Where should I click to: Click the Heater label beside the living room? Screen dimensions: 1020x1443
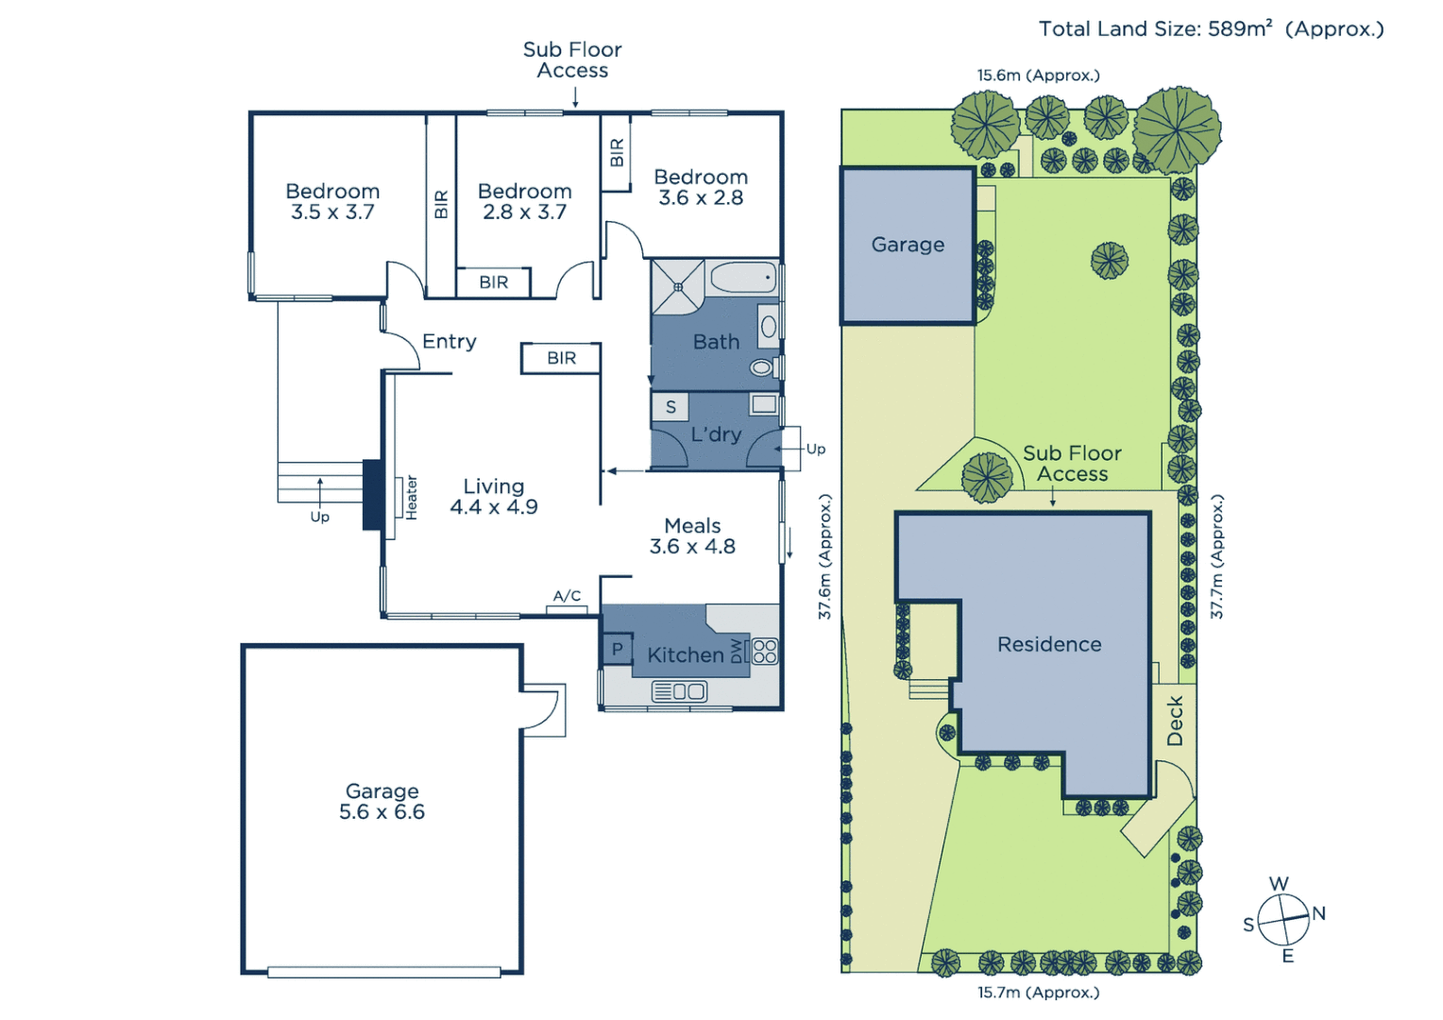(412, 498)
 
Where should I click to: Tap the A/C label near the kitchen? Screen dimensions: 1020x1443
(567, 596)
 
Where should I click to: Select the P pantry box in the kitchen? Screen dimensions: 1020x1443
(617, 649)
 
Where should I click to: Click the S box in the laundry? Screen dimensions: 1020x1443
(671, 407)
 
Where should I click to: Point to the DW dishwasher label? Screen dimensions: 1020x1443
(737, 651)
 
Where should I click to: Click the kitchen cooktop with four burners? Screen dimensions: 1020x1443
(765, 651)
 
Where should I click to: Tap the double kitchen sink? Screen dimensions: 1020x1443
(679, 691)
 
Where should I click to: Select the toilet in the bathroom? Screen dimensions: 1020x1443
(761, 367)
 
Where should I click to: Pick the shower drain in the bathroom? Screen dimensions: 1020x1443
(678, 286)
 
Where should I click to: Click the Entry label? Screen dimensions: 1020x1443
(449, 341)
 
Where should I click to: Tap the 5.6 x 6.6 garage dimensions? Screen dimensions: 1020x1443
(382, 812)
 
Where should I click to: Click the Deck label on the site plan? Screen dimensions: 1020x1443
(1175, 722)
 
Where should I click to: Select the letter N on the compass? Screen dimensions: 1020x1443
(1319, 913)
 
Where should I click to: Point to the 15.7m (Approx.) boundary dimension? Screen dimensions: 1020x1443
(1038, 993)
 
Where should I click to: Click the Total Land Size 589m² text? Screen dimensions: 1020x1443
(1211, 29)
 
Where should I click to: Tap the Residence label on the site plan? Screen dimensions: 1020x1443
(1049, 644)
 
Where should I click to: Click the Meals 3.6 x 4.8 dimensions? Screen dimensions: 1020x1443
(692, 547)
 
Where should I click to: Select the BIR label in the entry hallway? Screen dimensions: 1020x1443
(561, 358)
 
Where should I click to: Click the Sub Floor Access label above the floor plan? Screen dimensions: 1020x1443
(572, 59)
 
